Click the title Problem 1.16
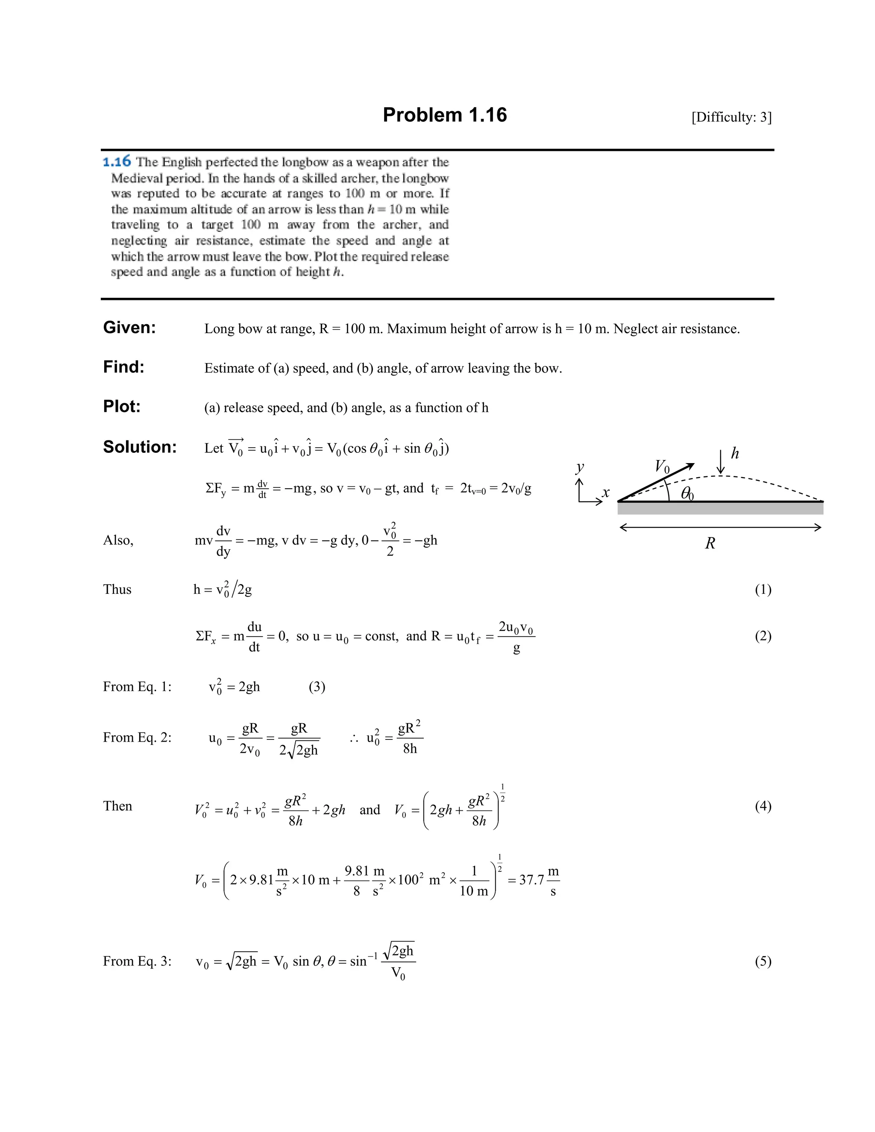tap(444, 115)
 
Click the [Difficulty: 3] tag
tap(731, 117)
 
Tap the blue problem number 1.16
tap(117, 162)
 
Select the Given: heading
tap(129, 328)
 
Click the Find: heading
tap(123, 367)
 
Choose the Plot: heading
tap(122, 406)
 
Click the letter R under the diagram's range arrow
tap(710, 543)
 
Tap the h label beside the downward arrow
tap(734, 454)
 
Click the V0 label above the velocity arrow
tap(662, 466)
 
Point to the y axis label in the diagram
tap(580, 467)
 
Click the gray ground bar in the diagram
tap(720, 508)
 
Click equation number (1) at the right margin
tap(763, 589)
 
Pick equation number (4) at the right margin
tap(763, 806)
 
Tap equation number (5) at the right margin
tap(763, 962)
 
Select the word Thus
tap(117, 589)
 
